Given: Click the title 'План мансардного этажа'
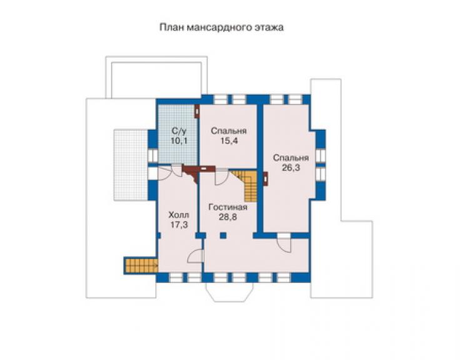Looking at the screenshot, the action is click(x=221, y=28).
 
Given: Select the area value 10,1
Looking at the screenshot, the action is click(x=179, y=141).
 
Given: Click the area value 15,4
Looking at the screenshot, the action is click(x=229, y=141).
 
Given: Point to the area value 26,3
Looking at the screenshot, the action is click(x=291, y=168).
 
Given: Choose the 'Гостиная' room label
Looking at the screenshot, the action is click(x=228, y=207).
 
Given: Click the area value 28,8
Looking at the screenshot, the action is click(x=228, y=217).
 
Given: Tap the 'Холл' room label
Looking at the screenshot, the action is click(x=179, y=215).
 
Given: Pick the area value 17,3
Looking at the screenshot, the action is click(x=179, y=225).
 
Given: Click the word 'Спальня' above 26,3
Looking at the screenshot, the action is click(x=291, y=158).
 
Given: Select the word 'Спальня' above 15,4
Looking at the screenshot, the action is click(x=229, y=131).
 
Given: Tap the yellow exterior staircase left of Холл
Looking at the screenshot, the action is click(x=141, y=265).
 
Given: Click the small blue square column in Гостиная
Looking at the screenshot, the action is click(x=223, y=235).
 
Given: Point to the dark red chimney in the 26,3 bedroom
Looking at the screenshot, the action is click(x=265, y=179).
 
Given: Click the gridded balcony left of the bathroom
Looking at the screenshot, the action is click(x=131, y=165).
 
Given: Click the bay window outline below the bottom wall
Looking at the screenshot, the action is click(x=229, y=292).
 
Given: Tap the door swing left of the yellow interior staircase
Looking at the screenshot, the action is click(x=221, y=177).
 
